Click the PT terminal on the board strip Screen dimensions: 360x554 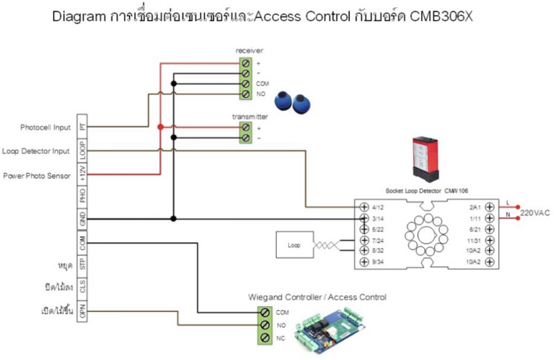click(83, 127)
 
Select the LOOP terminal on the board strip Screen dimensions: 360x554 click(83, 151)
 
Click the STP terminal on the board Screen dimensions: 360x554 click(83, 264)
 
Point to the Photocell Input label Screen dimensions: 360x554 click(45, 127)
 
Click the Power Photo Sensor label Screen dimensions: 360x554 click(37, 176)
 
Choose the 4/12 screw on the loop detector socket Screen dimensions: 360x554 click(364, 207)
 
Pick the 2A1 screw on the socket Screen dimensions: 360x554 click(488, 207)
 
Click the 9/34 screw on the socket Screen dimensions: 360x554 click(364, 262)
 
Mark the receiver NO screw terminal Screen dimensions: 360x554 click(246, 94)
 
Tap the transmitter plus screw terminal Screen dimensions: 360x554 click(246, 128)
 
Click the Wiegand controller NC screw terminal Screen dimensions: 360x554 click(265, 338)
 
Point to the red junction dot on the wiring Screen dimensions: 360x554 click(160, 127)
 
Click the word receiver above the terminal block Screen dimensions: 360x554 click(249, 50)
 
